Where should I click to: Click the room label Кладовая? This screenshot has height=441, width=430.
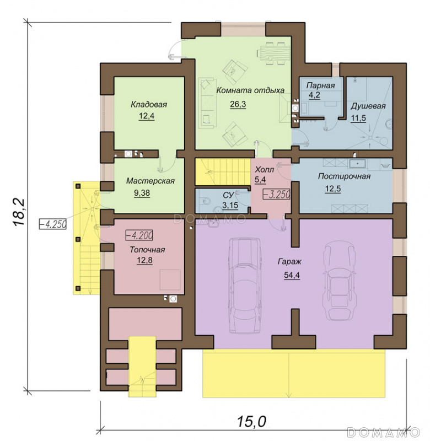click(149, 104)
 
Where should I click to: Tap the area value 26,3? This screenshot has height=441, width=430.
click(238, 104)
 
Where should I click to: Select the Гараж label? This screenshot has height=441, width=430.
click(289, 262)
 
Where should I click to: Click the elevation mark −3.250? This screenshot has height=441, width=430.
click(276, 194)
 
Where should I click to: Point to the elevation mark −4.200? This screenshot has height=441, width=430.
click(139, 235)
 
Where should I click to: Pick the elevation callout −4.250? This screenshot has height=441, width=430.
click(52, 224)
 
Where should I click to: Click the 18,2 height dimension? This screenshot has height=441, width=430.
click(19, 212)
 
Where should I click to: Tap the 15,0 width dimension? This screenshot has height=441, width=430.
click(251, 421)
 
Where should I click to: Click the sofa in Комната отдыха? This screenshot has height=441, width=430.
click(208, 103)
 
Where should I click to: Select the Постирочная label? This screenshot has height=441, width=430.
click(344, 176)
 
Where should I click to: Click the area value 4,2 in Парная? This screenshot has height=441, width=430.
click(314, 95)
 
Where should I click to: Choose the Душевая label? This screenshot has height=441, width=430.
click(368, 106)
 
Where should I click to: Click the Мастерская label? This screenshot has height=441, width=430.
click(150, 181)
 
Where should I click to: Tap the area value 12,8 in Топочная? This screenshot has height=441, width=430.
click(144, 260)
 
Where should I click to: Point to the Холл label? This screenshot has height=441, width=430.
click(264, 170)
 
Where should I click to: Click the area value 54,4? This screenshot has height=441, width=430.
click(292, 275)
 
